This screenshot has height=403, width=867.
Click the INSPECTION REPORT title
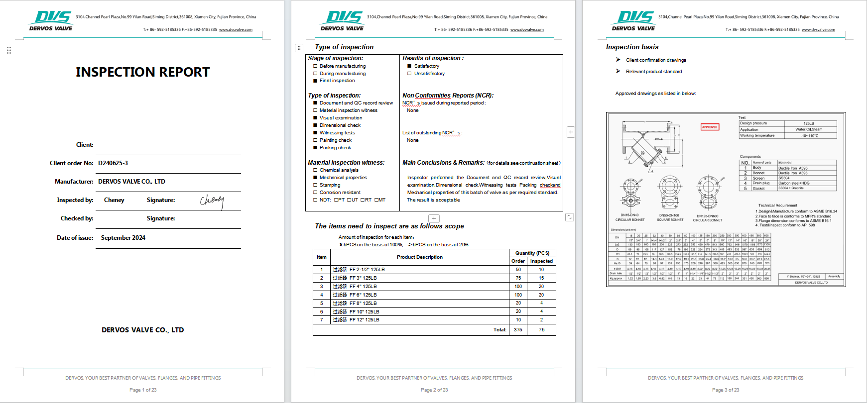(142, 72)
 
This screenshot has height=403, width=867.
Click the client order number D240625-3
(113, 163)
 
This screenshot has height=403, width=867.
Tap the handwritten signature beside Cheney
(212, 200)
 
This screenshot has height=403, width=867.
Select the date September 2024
(123, 238)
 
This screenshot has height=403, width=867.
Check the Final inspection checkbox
(315, 81)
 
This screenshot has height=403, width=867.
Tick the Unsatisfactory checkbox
(409, 74)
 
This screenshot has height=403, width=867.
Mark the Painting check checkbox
(315, 140)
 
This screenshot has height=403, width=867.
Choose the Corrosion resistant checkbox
(315, 193)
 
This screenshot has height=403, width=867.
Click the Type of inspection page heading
(344, 47)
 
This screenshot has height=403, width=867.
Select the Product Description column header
(419, 257)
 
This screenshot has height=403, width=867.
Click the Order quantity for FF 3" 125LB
(518, 278)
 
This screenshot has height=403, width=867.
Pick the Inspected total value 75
(541, 329)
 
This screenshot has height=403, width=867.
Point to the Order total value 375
(518, 329)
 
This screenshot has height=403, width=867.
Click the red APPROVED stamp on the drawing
(710, 127)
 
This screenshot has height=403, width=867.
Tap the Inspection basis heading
(632, 47)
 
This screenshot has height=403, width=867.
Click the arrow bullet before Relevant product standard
(618, 71)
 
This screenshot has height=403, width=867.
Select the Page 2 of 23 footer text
(434, 390)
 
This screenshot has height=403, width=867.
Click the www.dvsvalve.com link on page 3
(818, 30)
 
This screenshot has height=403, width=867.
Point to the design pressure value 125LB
(809, 123)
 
